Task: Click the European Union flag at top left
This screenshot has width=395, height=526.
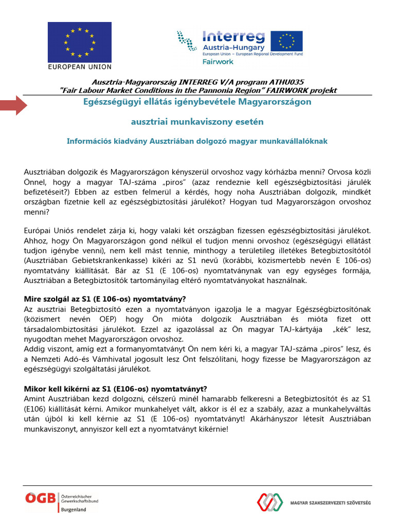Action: (79, 42)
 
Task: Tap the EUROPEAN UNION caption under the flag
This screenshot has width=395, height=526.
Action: (79, 67)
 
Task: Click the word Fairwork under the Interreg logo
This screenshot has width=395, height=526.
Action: (218, 62)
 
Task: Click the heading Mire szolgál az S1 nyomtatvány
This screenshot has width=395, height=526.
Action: (105, 299)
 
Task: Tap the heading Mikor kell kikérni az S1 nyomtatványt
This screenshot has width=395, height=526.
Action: (116, 389)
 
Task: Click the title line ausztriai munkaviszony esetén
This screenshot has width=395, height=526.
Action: (197, 122)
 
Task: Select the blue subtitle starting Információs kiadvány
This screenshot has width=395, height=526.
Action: (197, 141)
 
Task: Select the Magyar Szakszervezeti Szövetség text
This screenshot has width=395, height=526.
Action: (331, 502)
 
